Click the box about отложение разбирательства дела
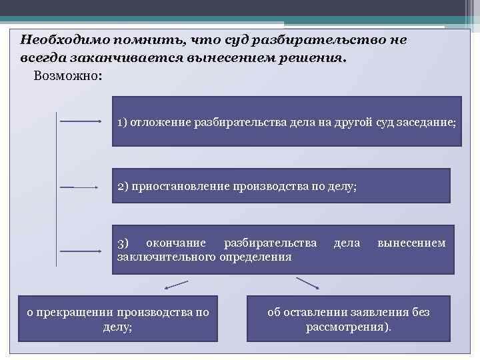(x=287, y=121)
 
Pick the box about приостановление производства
(x=281, y=185)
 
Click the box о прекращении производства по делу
(x=117, y=319)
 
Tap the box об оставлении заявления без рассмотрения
(x=348, y=319)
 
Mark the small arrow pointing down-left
(x=175, y=285)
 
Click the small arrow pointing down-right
(x=308, y=283)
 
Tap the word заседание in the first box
(x=427, y=123)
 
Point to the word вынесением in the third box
(x=411, y=243)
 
